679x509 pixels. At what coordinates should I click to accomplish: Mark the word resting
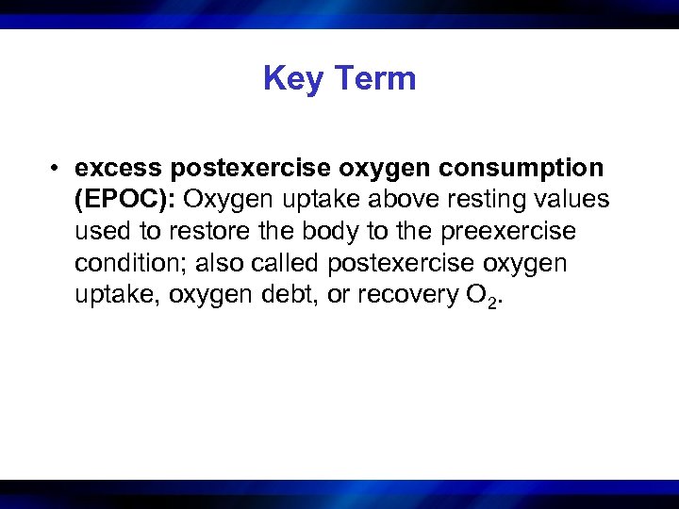click(x=500, y=200)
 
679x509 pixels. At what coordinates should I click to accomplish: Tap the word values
click(x=576, y=200)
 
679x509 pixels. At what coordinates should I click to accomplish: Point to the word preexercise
click(x=508, y=232)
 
